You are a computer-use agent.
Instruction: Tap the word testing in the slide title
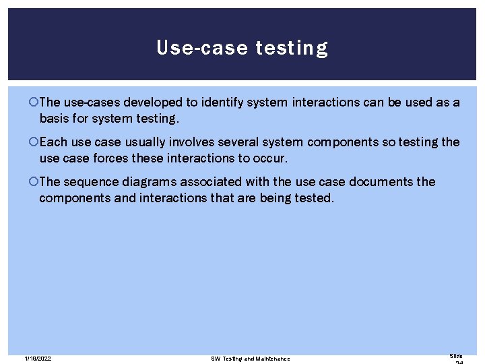(x=292, y=49)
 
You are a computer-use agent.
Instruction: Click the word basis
(x=56, y=118)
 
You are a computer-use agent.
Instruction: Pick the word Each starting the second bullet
(x=53, y=142)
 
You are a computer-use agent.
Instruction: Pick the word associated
(x=218, y=182)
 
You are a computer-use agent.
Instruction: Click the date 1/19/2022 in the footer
(x=38, y=359)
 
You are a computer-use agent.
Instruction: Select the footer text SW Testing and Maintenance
(x=251, y=359)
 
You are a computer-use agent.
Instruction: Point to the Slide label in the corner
(x=456, y=355)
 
